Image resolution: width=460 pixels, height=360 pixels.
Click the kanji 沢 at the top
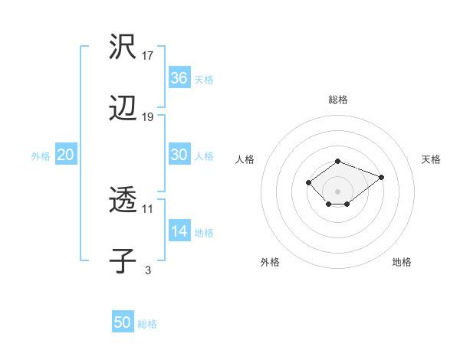pyautogui.click(x=123, y=47)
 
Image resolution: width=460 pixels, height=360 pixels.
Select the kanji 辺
pyautogui.click(x=123, y=109)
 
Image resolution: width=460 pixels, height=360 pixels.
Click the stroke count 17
pyautogui.click(x=149, y=55)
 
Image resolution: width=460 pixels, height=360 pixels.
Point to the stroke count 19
pyautogui.click(x=149, y=116)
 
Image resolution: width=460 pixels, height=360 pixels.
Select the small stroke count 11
pyautogui.click(x=149, y=208)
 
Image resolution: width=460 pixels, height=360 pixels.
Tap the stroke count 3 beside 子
pyautogui.click(x=148, y=270)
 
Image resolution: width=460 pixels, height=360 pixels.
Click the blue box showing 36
pyautogui.click(x=179, y=78)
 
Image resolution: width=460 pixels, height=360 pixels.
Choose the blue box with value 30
pyautogui.click(x=179, y=155)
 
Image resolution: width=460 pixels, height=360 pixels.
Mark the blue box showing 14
pyautogui.click(x=179, y=231)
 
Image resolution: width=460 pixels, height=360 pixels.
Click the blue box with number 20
pyautogui.click(x=66, y=155)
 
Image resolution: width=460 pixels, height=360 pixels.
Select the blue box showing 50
pyautogui.click(x=123, y=323)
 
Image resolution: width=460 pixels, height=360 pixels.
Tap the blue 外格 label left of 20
pyautogui.click(x=41, y=156)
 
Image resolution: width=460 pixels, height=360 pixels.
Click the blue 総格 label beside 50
pyautogui.click(x=147, y=325)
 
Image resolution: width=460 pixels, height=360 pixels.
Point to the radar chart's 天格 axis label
pyautogui.click(x=431, y=159)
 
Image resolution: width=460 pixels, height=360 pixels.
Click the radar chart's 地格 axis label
pyautogui.click(x=402, y=262)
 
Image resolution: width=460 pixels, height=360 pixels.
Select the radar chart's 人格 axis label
pyautogui.click(x=245, y=159)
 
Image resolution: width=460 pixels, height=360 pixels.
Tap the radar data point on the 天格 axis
pyautogui.click(x=381, y=177)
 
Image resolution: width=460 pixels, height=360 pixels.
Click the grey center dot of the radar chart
pyautogui.click(x=337, y=191)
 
